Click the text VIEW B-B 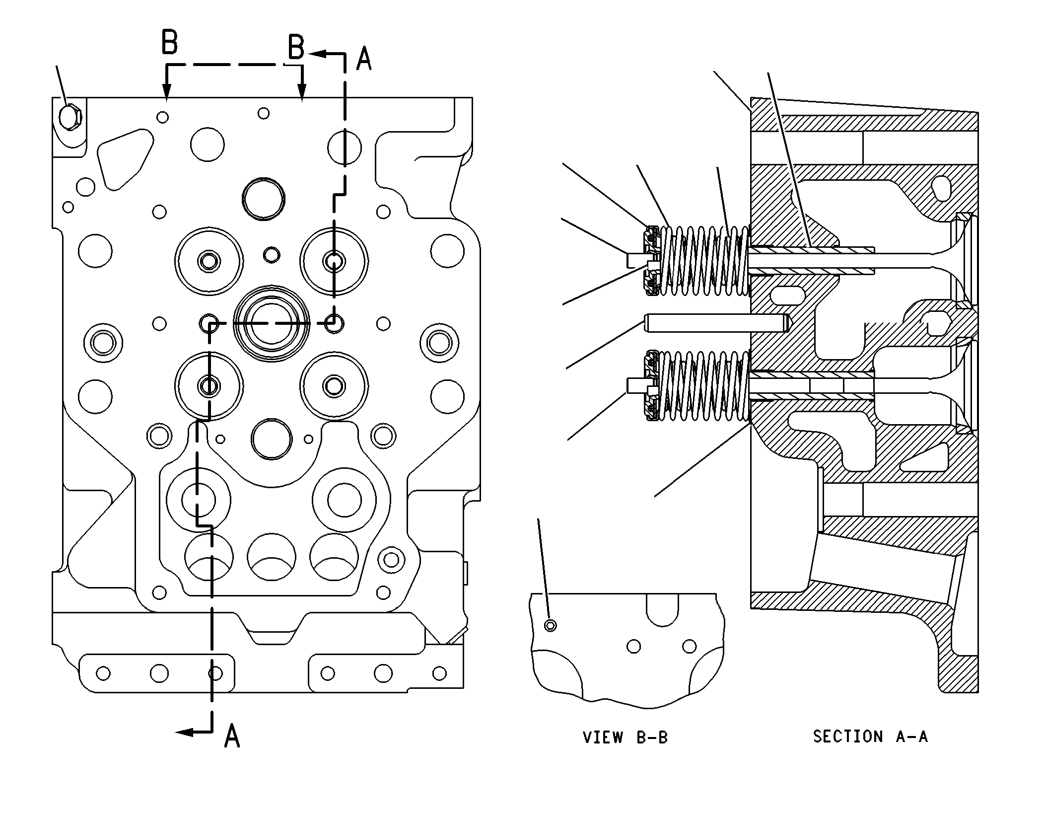[x=625, y=738]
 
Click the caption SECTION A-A [x=870, y=736]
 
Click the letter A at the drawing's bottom [x=232, y=736]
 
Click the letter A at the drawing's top [x=364, y=59]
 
